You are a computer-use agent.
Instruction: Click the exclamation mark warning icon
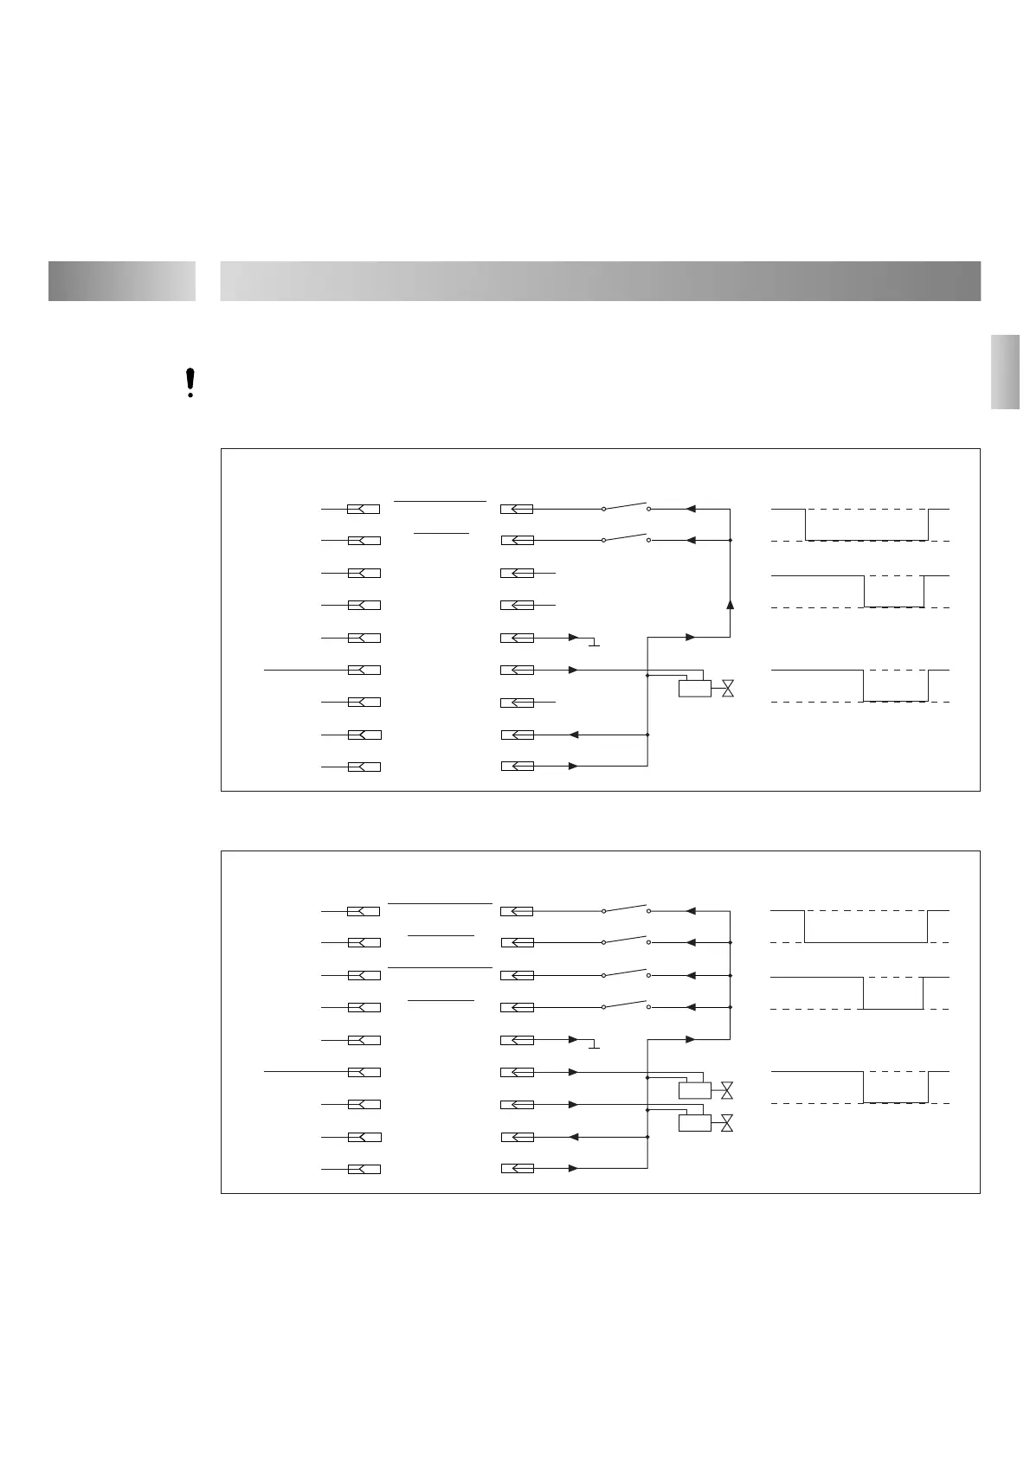(190, 382)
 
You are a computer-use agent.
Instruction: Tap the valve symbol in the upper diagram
(728, 689)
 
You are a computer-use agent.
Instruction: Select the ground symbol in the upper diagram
(594, 643)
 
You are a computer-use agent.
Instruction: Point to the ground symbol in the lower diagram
(594, 1045)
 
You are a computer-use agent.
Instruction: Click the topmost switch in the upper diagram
(626, 506)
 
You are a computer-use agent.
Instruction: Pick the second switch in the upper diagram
(626, 537)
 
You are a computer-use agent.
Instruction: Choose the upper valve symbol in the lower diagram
(727, 1089)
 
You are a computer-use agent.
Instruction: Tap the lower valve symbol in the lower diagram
(727, 1123)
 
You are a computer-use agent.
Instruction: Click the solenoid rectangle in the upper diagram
(695, 689)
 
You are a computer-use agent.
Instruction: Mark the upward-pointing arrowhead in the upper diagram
(730, 604)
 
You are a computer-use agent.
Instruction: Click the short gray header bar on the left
(122, 281)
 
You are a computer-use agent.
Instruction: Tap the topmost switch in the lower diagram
(626, 908)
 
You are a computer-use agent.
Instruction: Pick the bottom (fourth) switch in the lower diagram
(626, 1004)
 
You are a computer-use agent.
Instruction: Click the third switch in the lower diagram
(626, 972)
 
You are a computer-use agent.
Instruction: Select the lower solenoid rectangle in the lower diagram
(695, 1123)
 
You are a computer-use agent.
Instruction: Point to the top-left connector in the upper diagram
(364, 509)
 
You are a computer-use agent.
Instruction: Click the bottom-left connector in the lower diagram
(364, 1170)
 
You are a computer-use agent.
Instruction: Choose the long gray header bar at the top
(600, 281)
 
